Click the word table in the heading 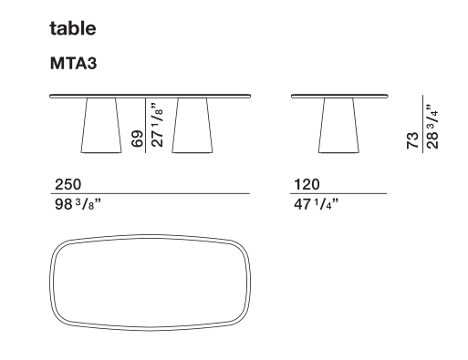point(73,28)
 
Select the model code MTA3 point(73,64)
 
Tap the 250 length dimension point(68,184)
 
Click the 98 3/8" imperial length point(78,204)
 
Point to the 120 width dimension point(307,184)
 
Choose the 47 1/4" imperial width point(316,204)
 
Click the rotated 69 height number point(137,139)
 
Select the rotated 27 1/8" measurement point(157,125)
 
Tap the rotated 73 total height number point(412,140)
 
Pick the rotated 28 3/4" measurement point(432,127)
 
